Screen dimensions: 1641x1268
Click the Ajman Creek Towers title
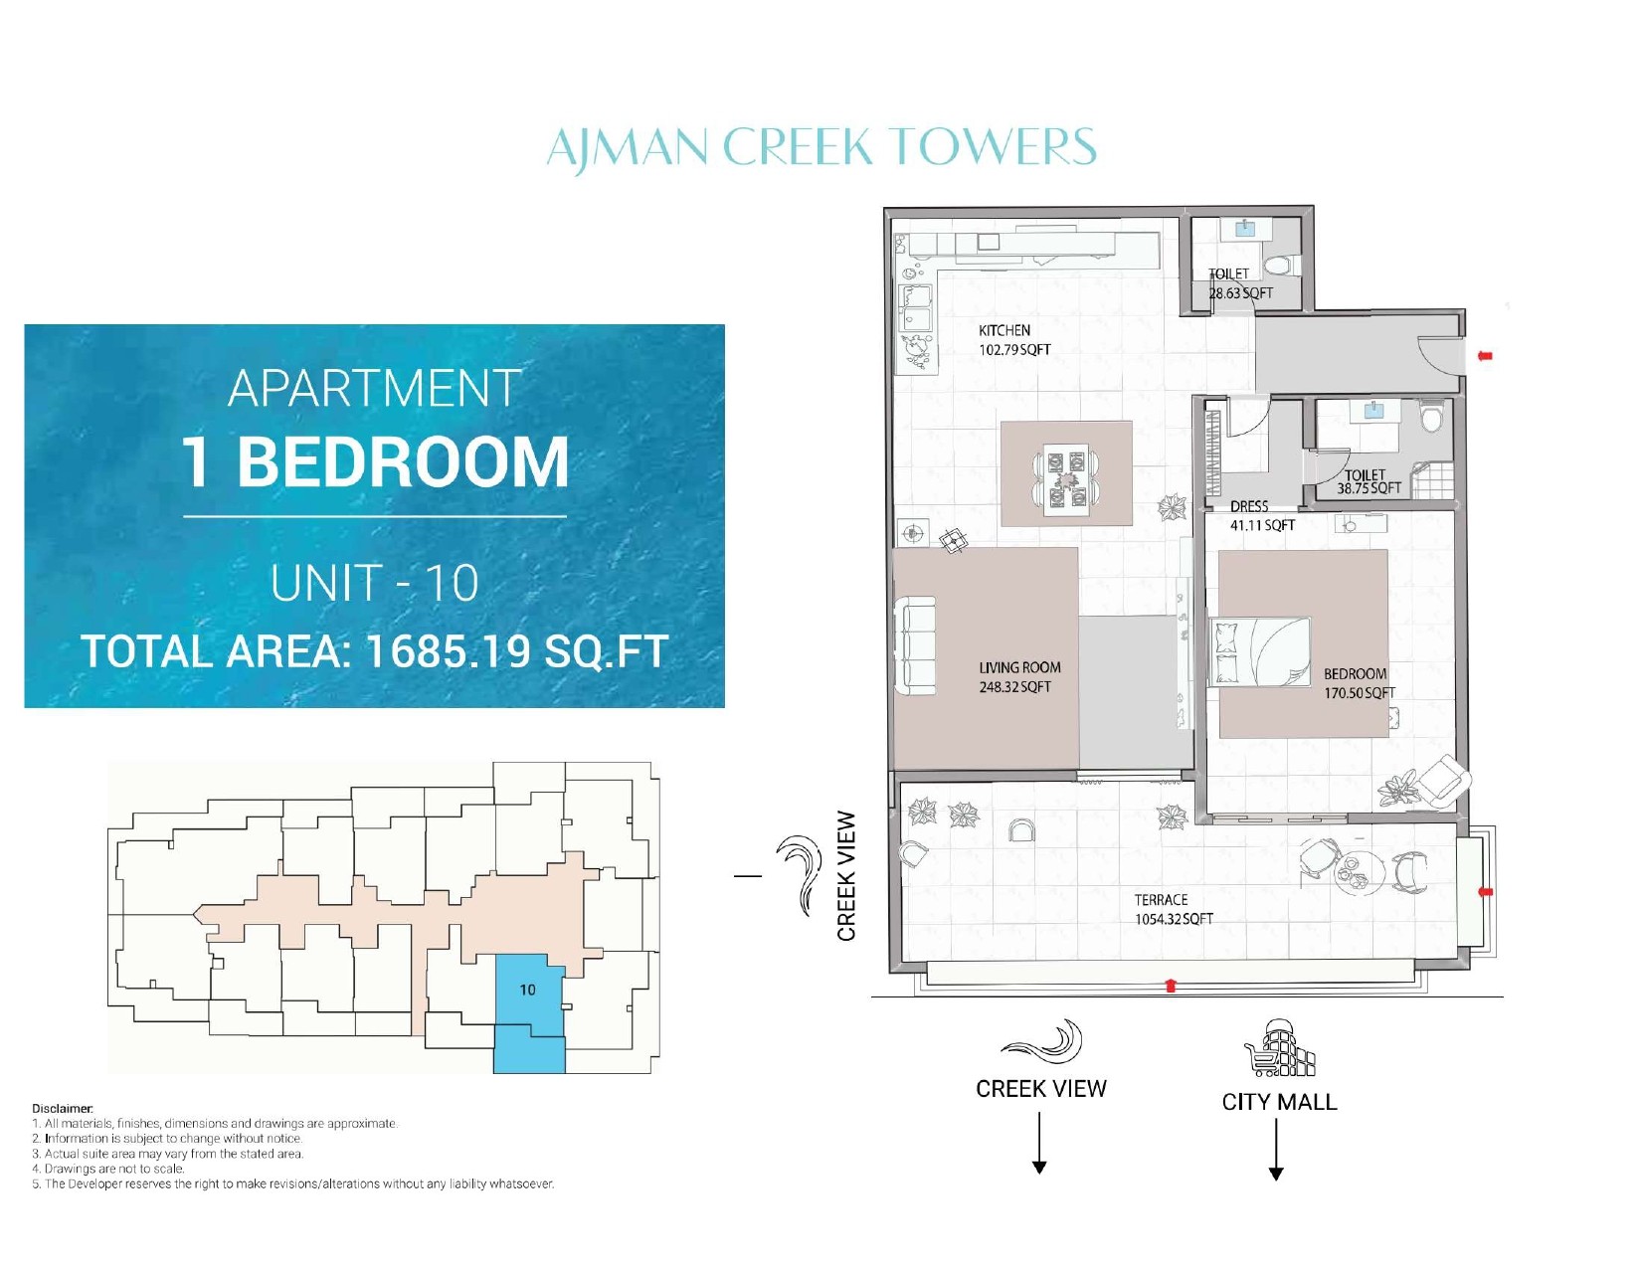[x=820, y=146]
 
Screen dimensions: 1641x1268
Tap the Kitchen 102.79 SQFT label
[x=1014, y=340]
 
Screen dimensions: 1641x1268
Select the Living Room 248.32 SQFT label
[x=1018, y=676]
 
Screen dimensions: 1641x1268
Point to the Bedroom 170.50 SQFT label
[x=1359, y=682]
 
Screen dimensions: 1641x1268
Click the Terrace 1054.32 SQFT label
[x=1174, y=909]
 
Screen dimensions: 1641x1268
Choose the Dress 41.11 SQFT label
[x=1262, y=516]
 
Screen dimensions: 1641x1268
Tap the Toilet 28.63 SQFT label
[x=1240, y=283]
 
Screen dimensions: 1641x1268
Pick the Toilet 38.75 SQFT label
[x=1368, y=481]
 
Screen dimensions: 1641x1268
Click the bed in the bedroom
[x=1260, y=652]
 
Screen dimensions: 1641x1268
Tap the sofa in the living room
[x=915, y=645]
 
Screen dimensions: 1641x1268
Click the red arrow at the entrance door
[x=1484, y=356]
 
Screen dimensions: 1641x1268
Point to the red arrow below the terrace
[x=1170, y=985]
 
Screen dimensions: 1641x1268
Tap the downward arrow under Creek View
[x=1039, y=1143]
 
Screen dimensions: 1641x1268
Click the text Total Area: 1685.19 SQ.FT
[x=375, y=651]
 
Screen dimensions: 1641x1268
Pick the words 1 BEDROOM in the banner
[x=375, y=461]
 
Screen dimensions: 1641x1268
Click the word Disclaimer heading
[x=62, y=1109]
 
